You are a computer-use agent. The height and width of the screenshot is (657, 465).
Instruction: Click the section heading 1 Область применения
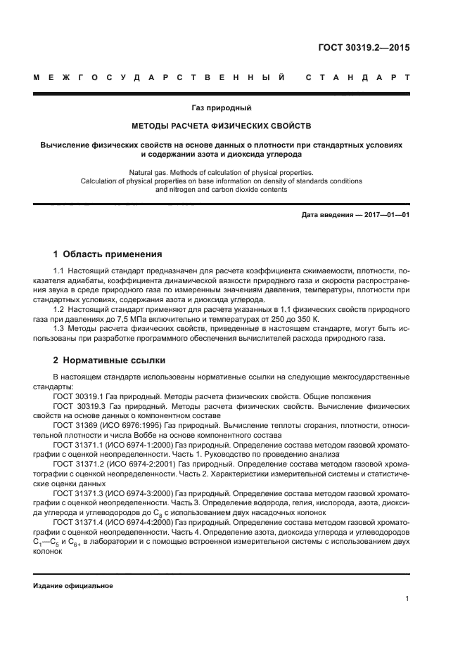pyautogui.click(x=108, y=254)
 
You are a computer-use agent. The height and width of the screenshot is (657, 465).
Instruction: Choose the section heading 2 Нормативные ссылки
pyautogui.click(x=109, y=360)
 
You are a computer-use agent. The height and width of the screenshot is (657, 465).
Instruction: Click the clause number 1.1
pyautogui.click(x=60, y=271)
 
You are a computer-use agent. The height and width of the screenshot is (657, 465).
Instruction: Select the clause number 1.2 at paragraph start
pyautogui.click(x=60, y=308)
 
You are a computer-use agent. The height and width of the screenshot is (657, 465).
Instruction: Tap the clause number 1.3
pyautogui.click(x=60, y=329)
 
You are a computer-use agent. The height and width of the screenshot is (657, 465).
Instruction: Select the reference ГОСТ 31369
pyautogui.click(x=72, y=426)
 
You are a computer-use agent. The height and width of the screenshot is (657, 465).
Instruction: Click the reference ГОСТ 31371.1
pyautogui.click(x=78, y=445)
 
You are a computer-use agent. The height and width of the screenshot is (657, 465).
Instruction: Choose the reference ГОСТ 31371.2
pyautogui.click(x=78, y=464)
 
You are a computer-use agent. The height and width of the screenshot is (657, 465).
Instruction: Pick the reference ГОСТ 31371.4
pyautogui.click(x=78, y=523)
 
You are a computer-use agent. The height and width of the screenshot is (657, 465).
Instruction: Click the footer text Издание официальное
pyautogui.click(x=72, y=586)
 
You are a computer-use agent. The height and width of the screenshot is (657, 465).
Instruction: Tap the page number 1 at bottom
pyautogui.click(x=407, y=599)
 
